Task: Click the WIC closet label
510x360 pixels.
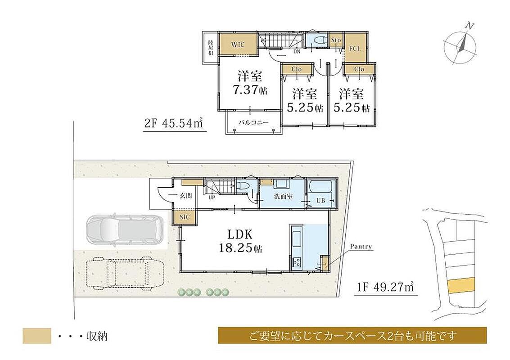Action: tap(238, 45)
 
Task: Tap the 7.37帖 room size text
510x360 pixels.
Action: tap(250, 90)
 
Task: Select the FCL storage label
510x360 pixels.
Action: tap(355, 49)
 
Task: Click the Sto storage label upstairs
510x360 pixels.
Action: tap(336, 40)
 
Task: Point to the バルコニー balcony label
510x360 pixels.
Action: tap(254, 122)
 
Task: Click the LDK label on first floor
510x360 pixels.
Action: tap(240, 234)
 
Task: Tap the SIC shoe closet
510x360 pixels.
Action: tap(185, 217)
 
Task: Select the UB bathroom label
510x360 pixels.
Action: tap(320, 200)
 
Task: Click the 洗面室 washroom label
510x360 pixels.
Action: tap(283, 196)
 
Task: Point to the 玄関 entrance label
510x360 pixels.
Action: tap(186, 195)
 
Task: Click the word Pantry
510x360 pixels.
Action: tap(361, 247)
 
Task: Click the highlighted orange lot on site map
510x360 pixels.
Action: tap(461, 285)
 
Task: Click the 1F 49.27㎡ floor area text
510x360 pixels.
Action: tap(385, 287)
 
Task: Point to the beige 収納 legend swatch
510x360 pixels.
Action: tap(37, 336)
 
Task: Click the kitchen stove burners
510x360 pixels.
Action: tap(297, 262)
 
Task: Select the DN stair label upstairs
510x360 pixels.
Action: tap(297, 51)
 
